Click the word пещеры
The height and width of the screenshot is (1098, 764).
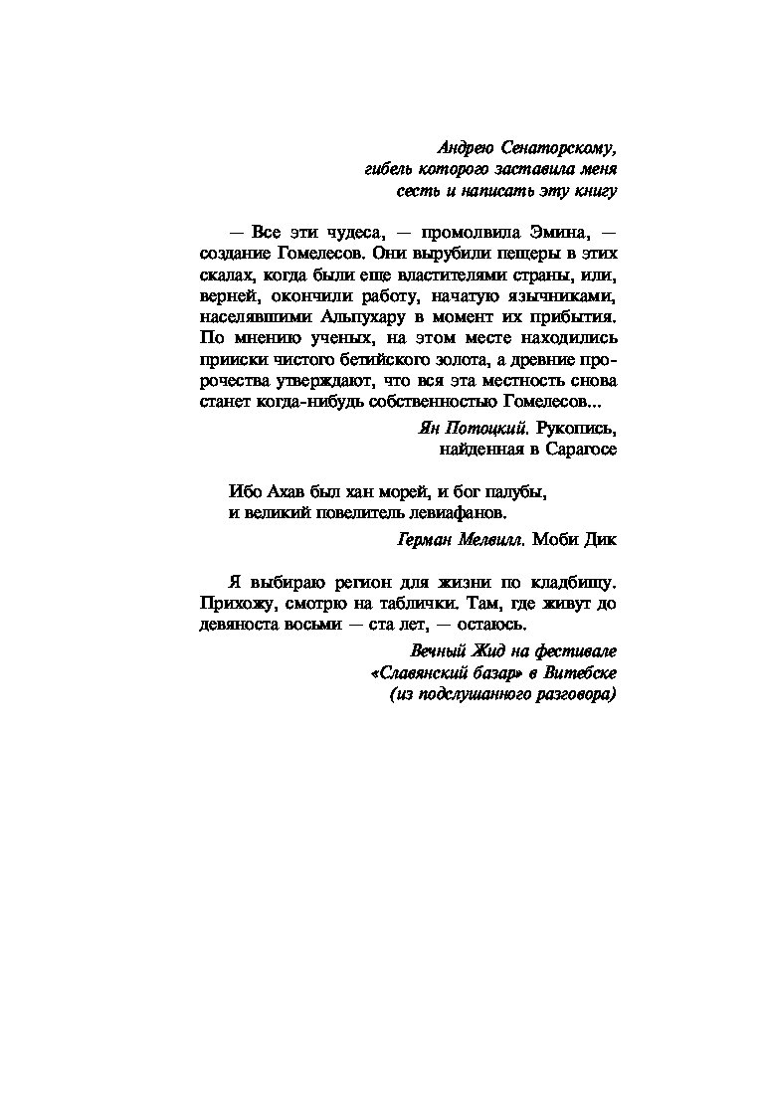pyautogui.click(x=504, y=254)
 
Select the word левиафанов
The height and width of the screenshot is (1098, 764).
pyautogui.click(x=460, y=514)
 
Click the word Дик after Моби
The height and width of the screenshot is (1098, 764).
pyautogui.click(x=601, y=541)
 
